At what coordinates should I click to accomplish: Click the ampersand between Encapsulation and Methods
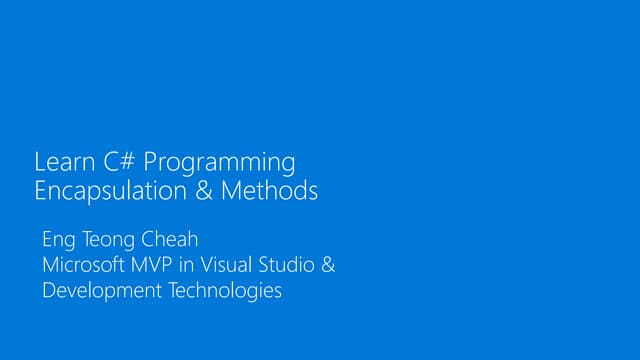point(204,190)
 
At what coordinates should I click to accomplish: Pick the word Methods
point(269,190)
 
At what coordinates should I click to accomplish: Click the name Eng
point(58,242)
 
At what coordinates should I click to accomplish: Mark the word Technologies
point(221,292)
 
